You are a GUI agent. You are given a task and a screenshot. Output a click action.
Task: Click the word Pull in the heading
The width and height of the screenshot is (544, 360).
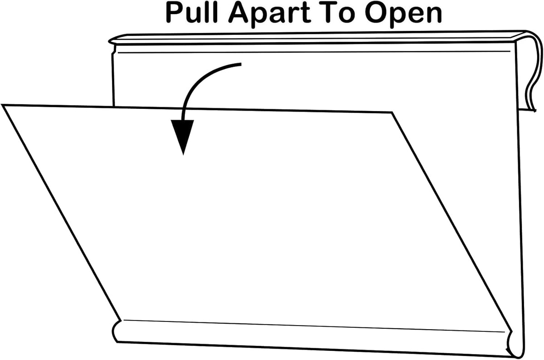point(192,13)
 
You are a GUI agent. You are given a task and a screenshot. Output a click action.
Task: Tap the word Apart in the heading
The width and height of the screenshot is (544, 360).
point(270,15)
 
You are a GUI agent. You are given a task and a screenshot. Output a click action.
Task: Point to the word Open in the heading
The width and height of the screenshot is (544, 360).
point(403,15)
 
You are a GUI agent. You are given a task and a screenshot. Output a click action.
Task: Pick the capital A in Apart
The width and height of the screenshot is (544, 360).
point(238,13)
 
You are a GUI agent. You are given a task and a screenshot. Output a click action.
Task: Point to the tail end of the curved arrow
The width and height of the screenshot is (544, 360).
point(241,64)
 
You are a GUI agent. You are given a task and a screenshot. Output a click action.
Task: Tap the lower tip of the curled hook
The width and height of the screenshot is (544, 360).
point(535,111)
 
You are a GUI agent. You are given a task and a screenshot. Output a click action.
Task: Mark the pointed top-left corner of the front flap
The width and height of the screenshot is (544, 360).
point(2,105)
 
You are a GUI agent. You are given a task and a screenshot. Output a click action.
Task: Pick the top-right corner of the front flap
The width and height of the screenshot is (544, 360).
point(392,112)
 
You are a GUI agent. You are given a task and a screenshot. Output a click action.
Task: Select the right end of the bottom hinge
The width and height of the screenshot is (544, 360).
point(515,345)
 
